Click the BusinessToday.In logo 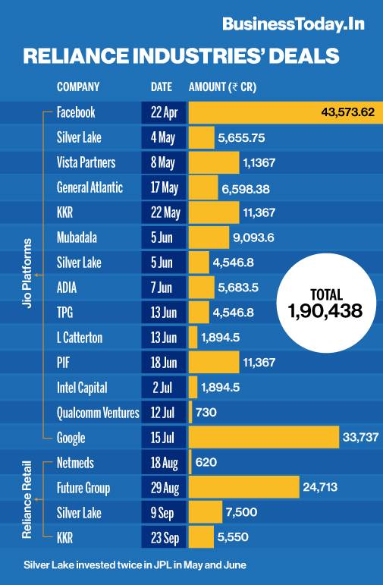[x=293, y=24]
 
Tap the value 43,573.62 [x=348, y=112]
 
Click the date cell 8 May [x=163, y=162]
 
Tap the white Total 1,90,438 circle [x=326, y=304]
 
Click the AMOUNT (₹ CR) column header [x=222, y=86]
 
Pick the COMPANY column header [x=78, y=86]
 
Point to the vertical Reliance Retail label [x=28, y=500]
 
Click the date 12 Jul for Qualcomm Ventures [x=163, y=413]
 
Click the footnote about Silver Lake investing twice [x=135, y=565]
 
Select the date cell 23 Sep [x=163, y=538]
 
